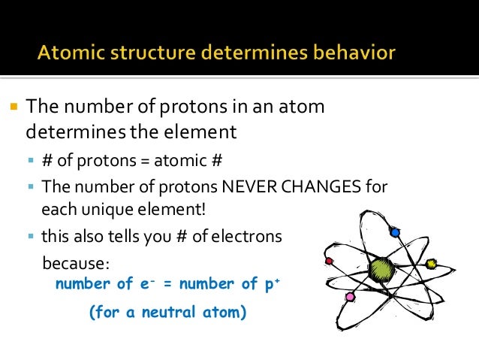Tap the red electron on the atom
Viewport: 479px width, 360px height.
[328, 261]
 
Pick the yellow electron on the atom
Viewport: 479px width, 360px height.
[431, 264]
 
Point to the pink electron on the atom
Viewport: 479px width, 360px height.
[349, 297]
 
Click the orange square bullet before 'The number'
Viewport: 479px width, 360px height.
[14, 106]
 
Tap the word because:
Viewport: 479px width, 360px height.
[76, 264]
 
